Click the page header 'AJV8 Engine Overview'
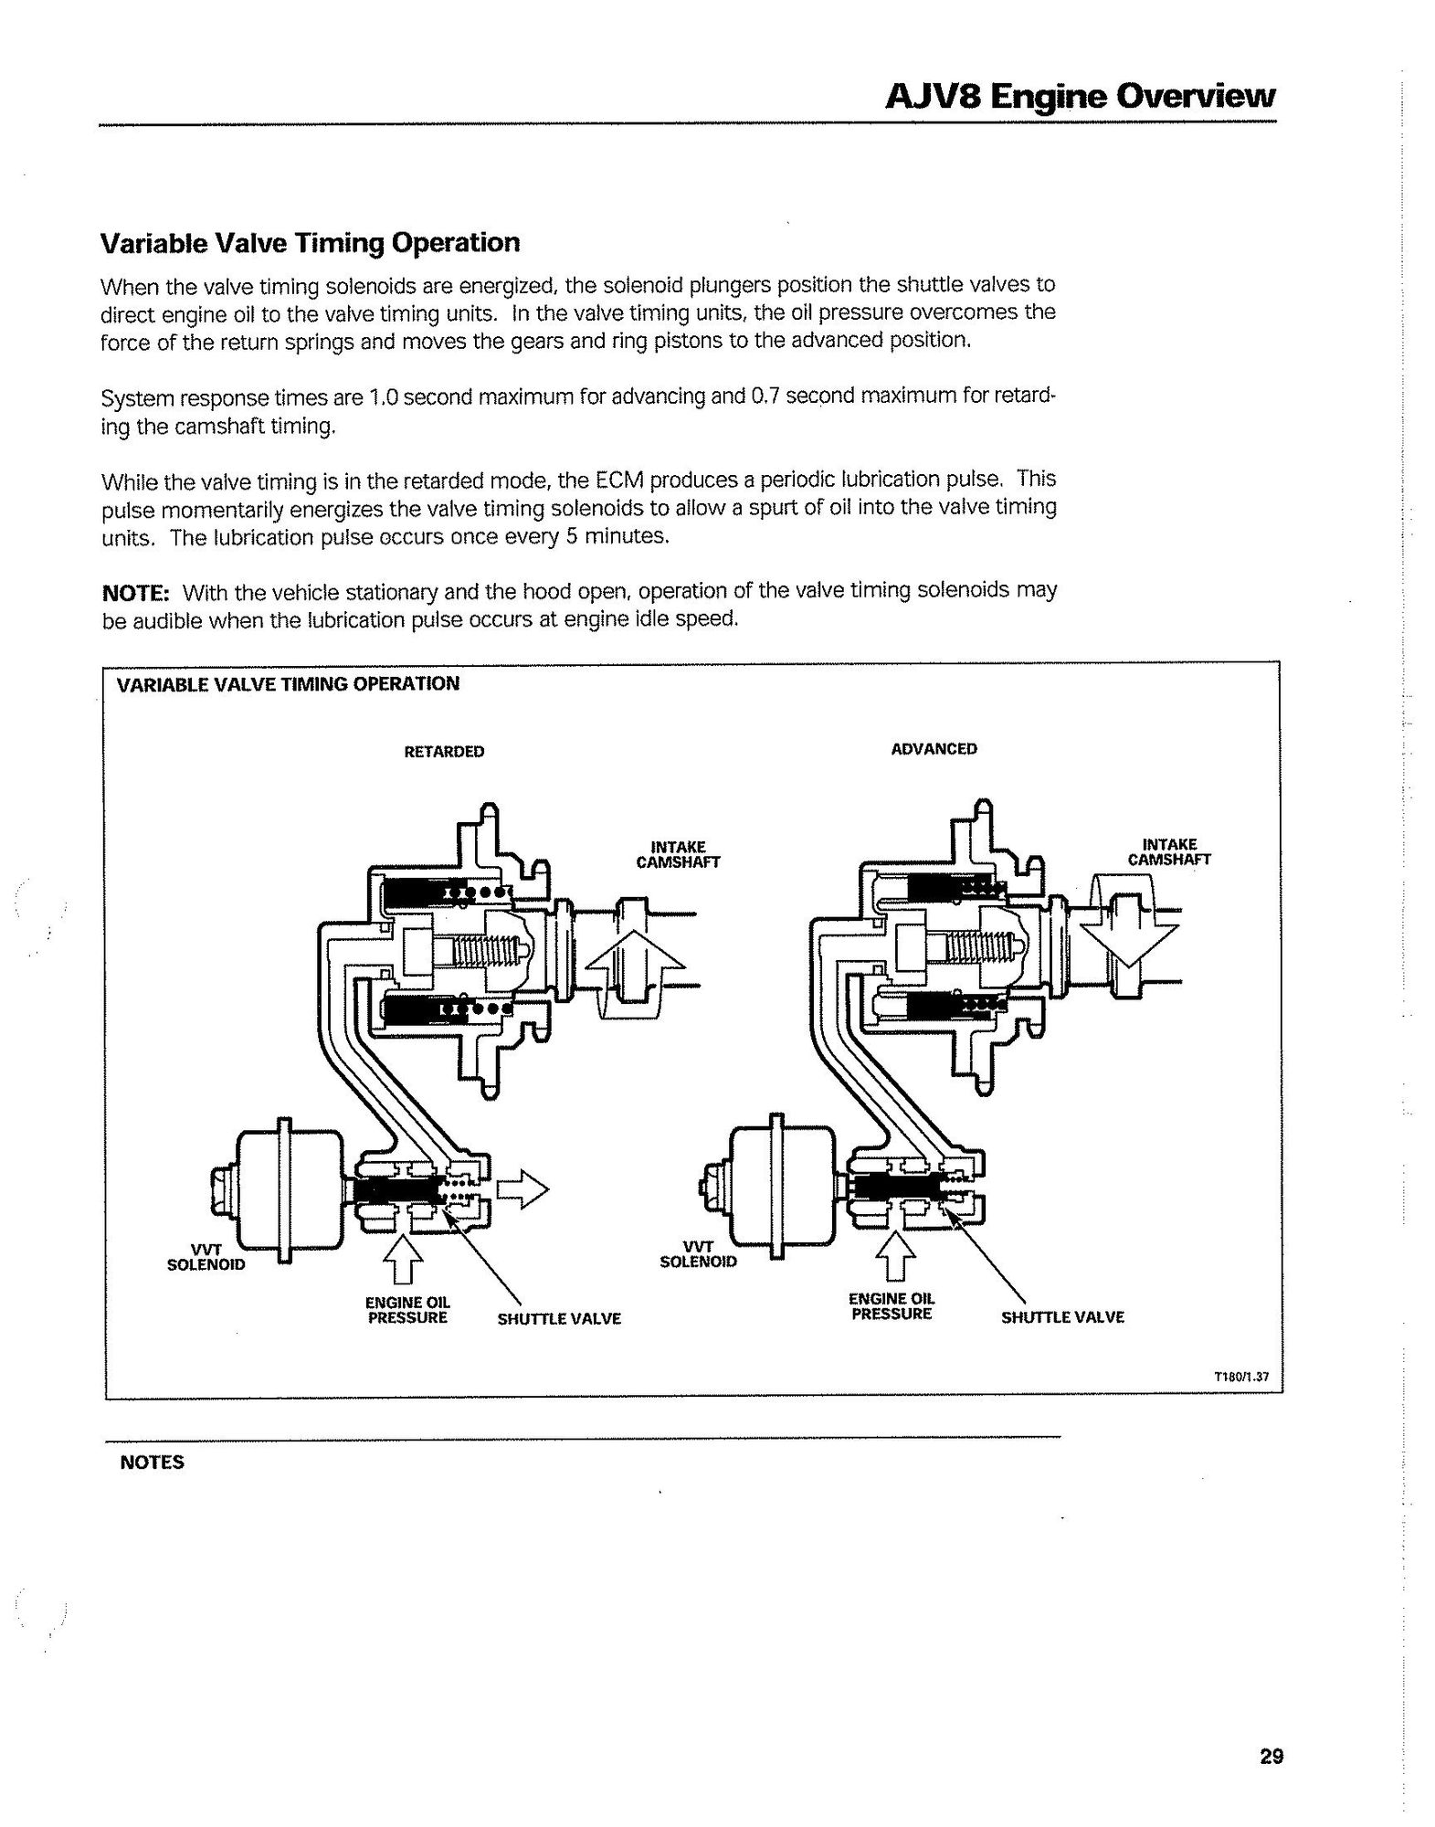(x=1080, y=96)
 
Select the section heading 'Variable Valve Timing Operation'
(x=310, y=243)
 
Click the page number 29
(x=1271, y=1756)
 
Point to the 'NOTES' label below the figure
(x=152, y=1463)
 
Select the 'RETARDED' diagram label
(x=444, y=752)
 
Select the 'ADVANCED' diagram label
(x=934, y=749)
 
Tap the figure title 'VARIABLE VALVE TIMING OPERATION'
(x=288, y=684)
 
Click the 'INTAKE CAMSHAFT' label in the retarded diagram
(x=678, y=854)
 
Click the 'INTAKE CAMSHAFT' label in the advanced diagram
(x=1169, y=851)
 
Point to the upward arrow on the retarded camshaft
(x=635, y=968)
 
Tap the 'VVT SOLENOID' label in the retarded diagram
(x=206, y=1258)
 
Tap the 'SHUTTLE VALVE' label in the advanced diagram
(x=1062, y=1317)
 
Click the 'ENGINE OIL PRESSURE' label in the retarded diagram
(x=407, y=1309)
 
